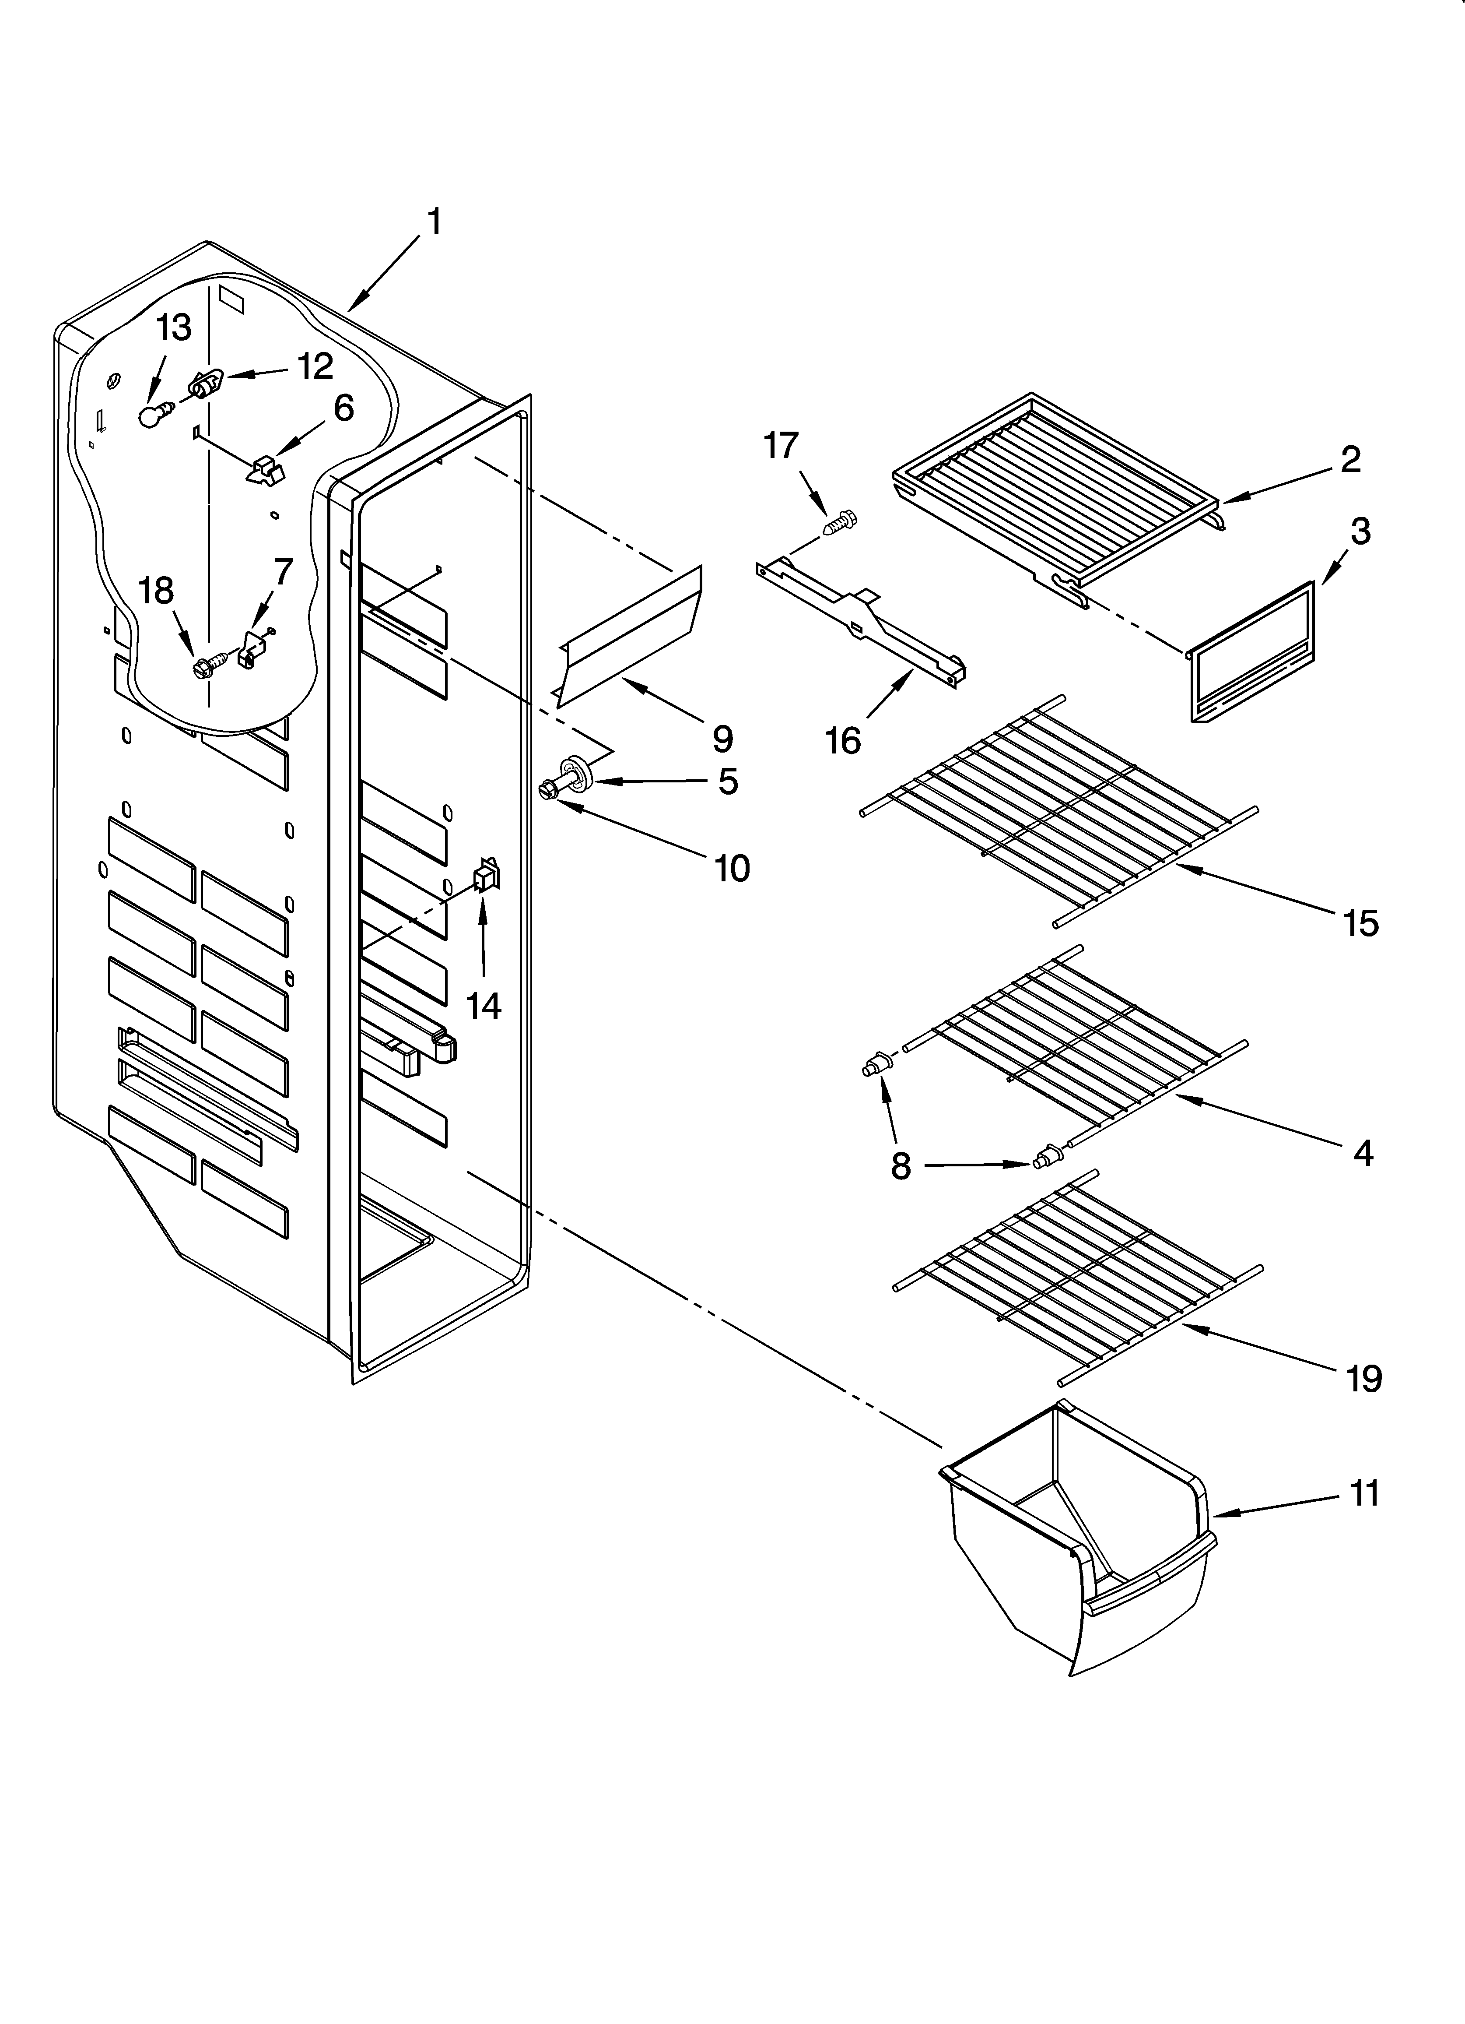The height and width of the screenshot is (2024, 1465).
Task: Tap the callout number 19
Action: (1363, 1379)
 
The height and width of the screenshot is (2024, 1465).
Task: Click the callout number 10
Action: (732, 867)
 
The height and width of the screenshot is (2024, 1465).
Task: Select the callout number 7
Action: (283, 571)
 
